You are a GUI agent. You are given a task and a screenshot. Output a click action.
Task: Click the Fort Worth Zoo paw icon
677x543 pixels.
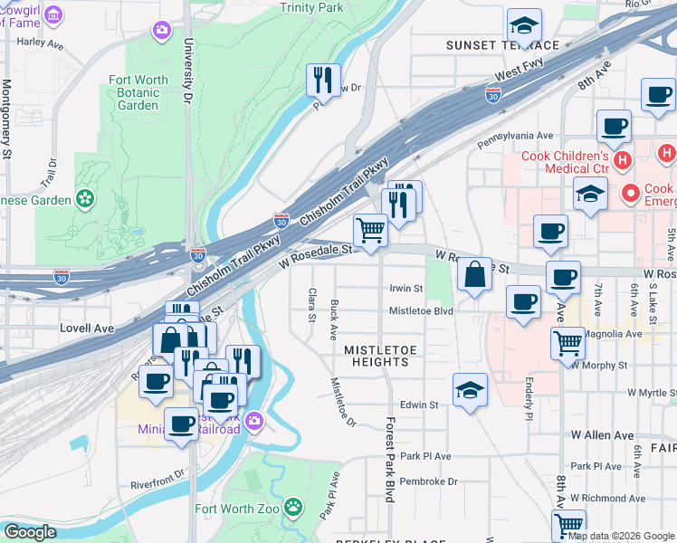[x=293, y=508]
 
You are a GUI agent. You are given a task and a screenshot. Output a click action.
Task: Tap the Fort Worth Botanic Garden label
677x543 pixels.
[x=138, y=92]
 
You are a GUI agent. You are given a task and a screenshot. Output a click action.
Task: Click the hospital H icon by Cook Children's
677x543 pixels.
[x=622, y=161]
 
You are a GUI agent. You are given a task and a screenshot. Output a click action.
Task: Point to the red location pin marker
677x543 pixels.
[x=632, y=192]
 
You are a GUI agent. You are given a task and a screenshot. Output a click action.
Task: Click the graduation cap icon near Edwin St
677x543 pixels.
[x=470, y=389]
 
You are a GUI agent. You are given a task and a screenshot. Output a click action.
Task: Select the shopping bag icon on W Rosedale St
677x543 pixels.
[x=474, y=273]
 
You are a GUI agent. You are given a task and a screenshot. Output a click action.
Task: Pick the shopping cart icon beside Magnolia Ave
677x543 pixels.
[x=567, y=341]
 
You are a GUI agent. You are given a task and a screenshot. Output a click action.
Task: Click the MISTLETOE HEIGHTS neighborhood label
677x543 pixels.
[x=377, y=356]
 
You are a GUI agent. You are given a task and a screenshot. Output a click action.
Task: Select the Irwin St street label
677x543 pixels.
[x=405, y=289]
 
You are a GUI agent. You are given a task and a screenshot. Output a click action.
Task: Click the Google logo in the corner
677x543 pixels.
[x=30, y=532]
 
